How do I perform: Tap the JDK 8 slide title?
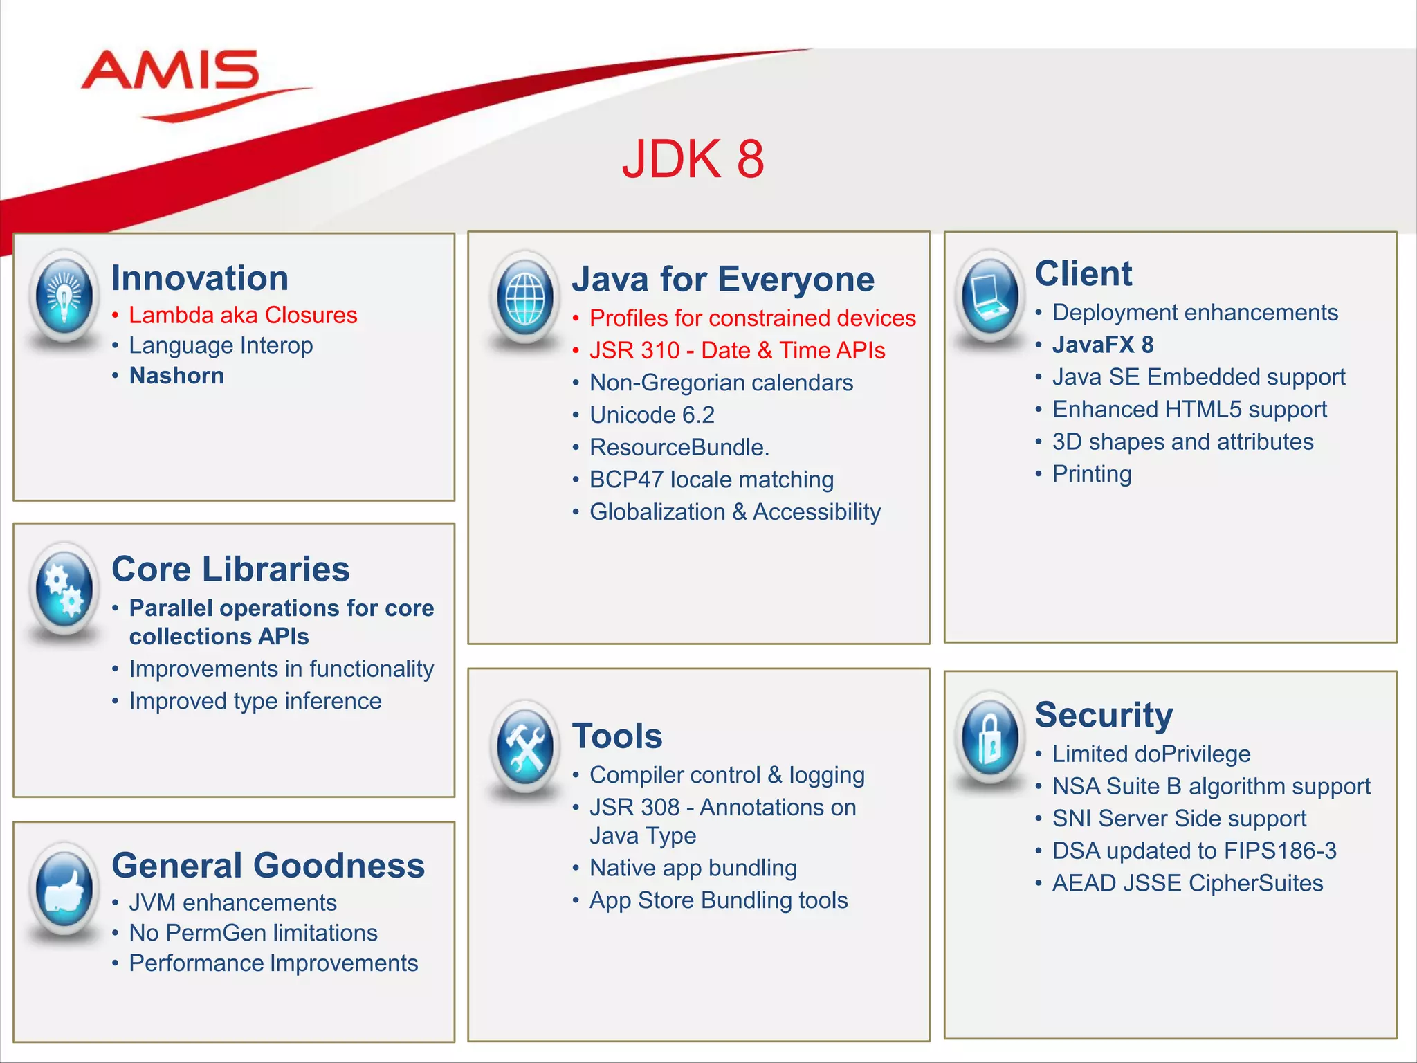coord(693,159)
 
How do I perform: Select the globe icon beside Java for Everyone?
coord(525,298)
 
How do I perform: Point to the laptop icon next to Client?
coord(990,296)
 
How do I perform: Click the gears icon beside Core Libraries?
coord(64,588)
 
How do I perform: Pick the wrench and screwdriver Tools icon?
coord(525,746)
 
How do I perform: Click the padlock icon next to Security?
coord(990,737)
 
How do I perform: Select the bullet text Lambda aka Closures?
coord(243,316)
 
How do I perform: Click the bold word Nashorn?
coord(176,376)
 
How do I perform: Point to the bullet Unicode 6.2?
coord(652,415)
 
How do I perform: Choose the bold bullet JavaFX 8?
coord(1103,345)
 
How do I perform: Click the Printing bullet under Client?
coord(1092,474)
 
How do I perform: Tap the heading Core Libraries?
coord(230,570)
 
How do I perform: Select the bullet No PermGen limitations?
coord(253,933)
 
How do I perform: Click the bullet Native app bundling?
coord(693,868)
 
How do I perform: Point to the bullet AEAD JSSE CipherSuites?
coord(1187,884)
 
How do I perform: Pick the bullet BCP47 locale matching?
coord(711,480)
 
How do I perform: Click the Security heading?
coord(1104,715)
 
